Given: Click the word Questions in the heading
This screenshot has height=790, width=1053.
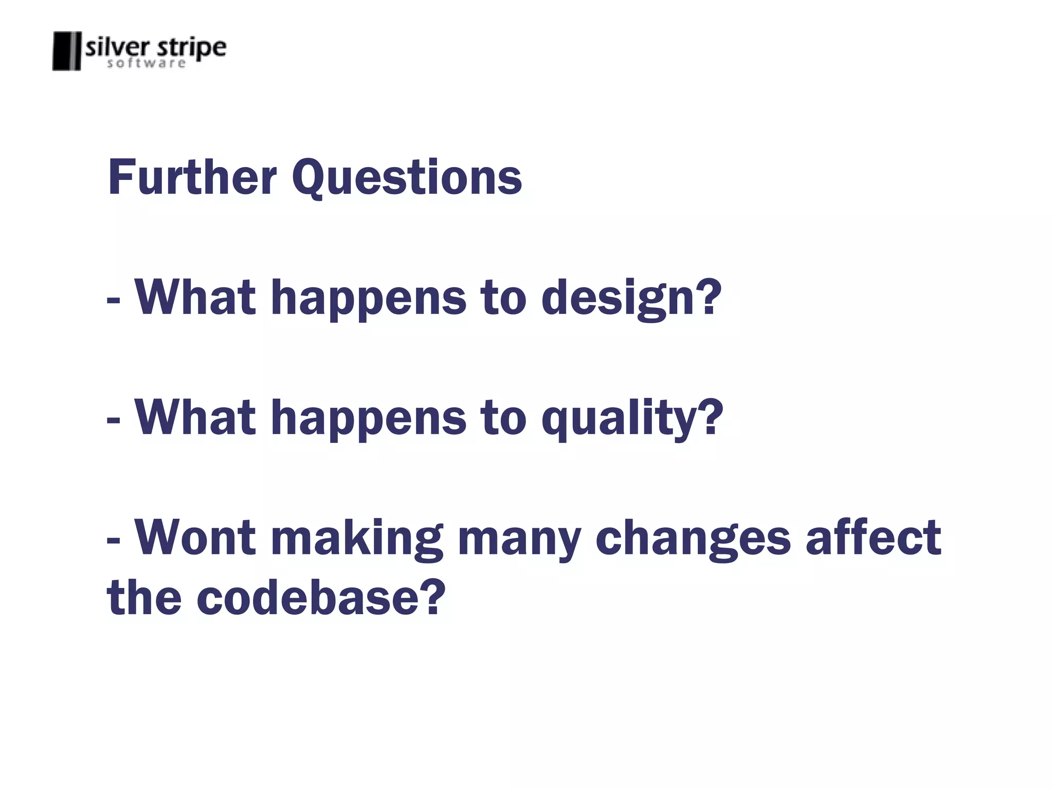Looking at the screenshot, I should tap(407, 178).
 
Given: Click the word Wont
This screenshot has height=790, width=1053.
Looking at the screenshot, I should tap(195, 538).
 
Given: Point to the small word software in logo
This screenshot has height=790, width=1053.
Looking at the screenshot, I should tap(146, 64).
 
